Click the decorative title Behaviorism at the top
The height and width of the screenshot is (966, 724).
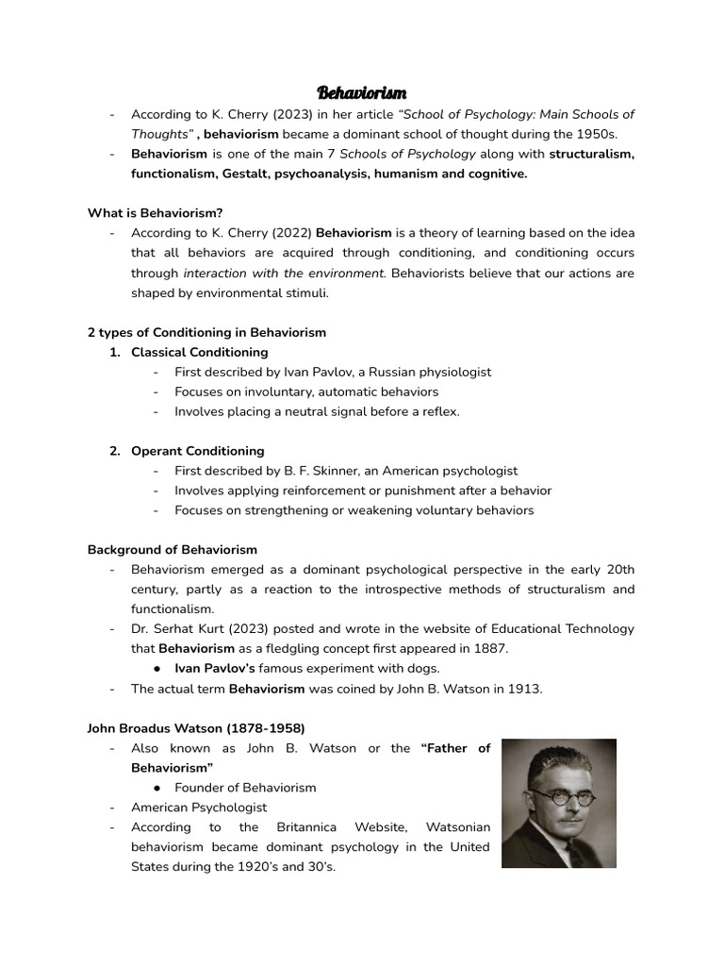coord(362,92)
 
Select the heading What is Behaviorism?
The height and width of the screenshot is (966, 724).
coord(155,213)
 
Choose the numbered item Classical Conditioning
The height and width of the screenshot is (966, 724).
coord(199,352)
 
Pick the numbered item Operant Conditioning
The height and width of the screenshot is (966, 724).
coord(197,451)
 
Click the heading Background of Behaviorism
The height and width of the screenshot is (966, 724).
coord(172,550)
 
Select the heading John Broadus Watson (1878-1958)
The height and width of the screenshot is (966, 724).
coord(196,728)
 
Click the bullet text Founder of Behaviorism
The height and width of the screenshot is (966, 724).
coord(245,788)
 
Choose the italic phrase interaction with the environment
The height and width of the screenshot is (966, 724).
coord(284,273)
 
